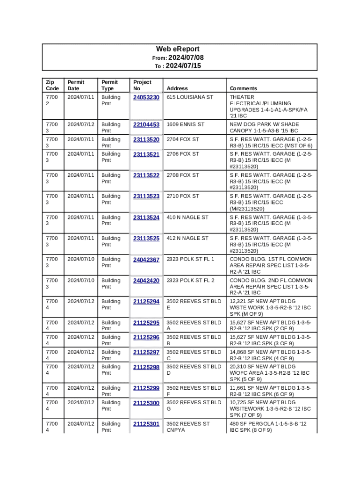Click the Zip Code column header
52,85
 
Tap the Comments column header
243,88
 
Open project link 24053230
146,97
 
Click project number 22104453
146,124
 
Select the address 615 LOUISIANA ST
190,97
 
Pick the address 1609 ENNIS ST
186,124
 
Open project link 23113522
146,175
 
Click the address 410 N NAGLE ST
187,217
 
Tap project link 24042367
146,260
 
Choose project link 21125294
146,302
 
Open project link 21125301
146,424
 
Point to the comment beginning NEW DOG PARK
264,127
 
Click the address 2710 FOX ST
183,196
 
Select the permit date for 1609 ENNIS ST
81,124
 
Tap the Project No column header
142,85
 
